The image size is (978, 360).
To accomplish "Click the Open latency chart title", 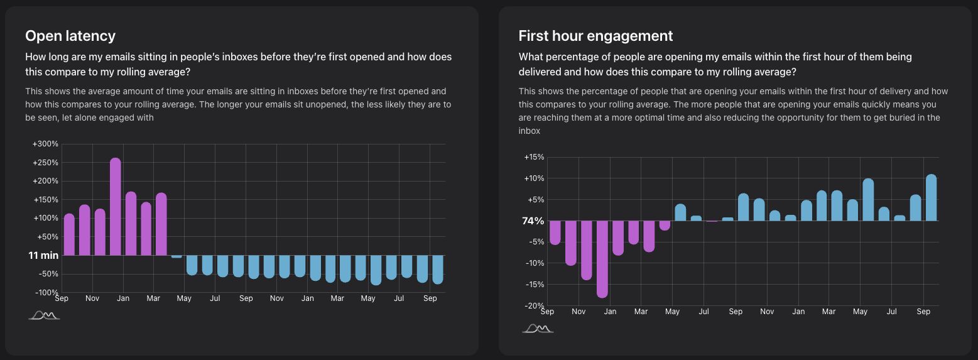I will click(x=70, y=36).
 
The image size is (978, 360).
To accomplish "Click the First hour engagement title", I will click(x=595, y=36).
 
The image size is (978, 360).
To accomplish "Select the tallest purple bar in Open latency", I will click(x=115, y=207).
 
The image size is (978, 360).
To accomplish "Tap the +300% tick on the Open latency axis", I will click(x=46, y=144).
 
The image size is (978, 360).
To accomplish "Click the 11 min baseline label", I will click(x=43, y=256).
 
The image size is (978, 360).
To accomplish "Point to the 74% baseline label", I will click(x=533, y=221).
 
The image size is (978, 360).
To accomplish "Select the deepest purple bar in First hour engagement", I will click(x=602, y=259).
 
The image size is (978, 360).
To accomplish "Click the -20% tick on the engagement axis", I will click(x=534, y=306).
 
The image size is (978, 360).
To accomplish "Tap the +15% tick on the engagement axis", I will click(x=534, y=157).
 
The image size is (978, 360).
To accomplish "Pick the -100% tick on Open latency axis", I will click(x=46, y=293).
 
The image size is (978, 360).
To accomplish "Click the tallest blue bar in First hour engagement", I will click(x=931, y=198).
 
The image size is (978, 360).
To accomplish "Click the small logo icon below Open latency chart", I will click(x=44, y=315).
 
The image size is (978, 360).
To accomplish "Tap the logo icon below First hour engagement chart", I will click(x=538, y=329).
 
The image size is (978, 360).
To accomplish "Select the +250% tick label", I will click(x=46, y=163).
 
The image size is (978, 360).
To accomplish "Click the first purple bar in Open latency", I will click(x=69, y=235).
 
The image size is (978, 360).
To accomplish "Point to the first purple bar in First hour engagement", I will click(x=555, y=232).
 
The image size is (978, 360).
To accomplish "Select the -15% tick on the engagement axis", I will click(x=534, y=285).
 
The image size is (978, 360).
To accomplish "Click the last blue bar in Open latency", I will click(x=438, y=270).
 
